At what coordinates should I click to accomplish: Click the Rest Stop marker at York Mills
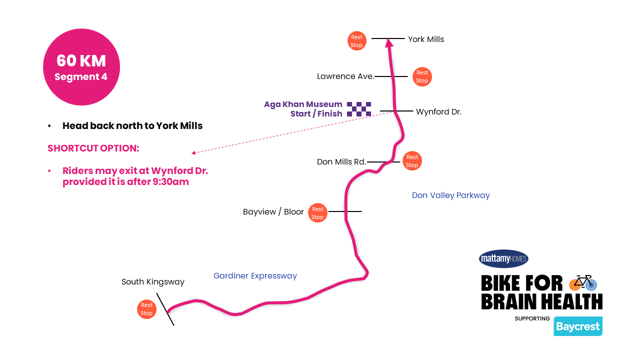click(356, 41)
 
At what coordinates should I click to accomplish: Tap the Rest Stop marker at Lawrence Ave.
click(422, 76)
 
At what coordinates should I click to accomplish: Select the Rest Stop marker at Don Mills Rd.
click(412, 161)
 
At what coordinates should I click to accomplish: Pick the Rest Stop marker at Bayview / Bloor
click(317, 213)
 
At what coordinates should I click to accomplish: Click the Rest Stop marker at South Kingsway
click(146, 309)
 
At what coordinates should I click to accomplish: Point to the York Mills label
click(425, 39)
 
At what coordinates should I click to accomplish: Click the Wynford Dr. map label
click(438, 112)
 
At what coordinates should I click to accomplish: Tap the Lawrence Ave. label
click(345, 76)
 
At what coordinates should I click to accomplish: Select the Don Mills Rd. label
click(341, 162)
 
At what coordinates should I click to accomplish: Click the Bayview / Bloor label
click(273, 212)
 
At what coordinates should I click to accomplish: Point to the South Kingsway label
click(153, 282)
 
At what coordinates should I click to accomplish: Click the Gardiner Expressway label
click(255, 276)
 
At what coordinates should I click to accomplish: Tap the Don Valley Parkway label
click(450, 195)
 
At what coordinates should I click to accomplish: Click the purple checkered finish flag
click(359, 109)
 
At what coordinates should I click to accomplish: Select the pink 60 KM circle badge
click(81, 67)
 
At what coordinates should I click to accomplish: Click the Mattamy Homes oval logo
click(503, 258)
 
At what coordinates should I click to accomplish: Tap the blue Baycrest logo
click(577, 326)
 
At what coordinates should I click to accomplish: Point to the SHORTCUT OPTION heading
click(93, 148)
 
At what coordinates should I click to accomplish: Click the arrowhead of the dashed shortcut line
click(193, 153)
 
